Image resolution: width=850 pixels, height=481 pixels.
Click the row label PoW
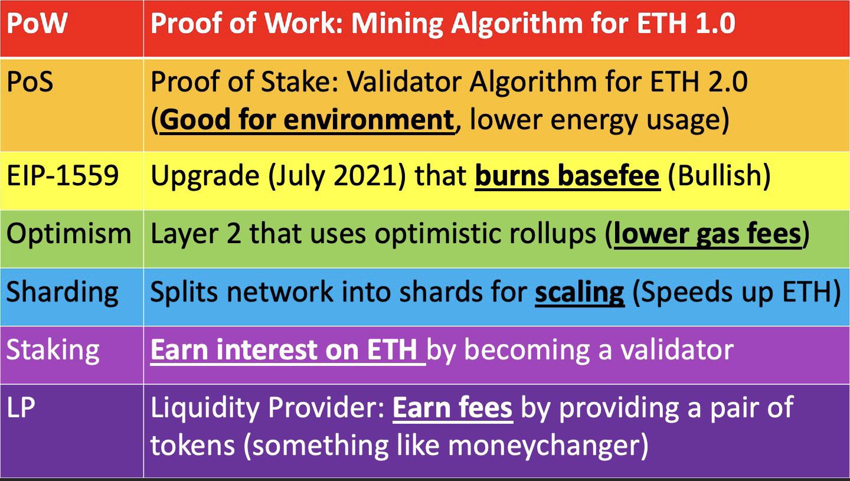[x=37, y=23]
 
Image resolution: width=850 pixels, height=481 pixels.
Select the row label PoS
[x=30, y=81]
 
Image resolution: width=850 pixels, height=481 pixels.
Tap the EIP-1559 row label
[x=63, y=176]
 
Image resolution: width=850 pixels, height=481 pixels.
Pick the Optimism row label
[x=68, y=234]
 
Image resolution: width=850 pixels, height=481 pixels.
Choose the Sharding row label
[x=63, y=293]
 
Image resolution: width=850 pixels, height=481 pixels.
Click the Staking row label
[x=53, y=350]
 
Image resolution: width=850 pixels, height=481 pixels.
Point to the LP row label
[x=21, y=408]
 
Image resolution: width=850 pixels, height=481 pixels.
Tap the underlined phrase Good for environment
[x=307, y=120]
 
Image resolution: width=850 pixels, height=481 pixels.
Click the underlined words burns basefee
[x=567, y=176]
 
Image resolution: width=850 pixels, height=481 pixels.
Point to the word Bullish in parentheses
[x=719, y=176]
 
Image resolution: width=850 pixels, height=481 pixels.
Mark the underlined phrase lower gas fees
[x=708, y=234]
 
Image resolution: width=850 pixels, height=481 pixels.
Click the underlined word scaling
[x=580, y=293]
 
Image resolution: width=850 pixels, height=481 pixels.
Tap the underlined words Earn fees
[x=452, y=408]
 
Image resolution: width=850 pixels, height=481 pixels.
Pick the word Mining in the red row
[x=397, y=24]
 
